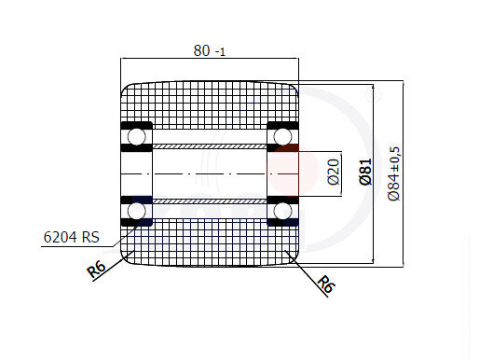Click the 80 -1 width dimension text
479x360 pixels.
(x=209, y=50)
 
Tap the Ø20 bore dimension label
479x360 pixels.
(x=334, y=172)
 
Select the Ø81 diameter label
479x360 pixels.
(x=366, y=172)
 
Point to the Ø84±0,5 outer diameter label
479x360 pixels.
(x=394, y=174)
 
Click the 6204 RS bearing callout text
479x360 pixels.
(x=72, y=237)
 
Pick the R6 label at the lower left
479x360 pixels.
(x=97, y=269)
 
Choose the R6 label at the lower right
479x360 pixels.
(x=325, y=284)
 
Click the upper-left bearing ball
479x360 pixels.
(x=137, y=136)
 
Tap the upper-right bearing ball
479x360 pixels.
(x=282, y=136)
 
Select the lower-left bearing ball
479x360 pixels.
(x=137, y=211)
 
